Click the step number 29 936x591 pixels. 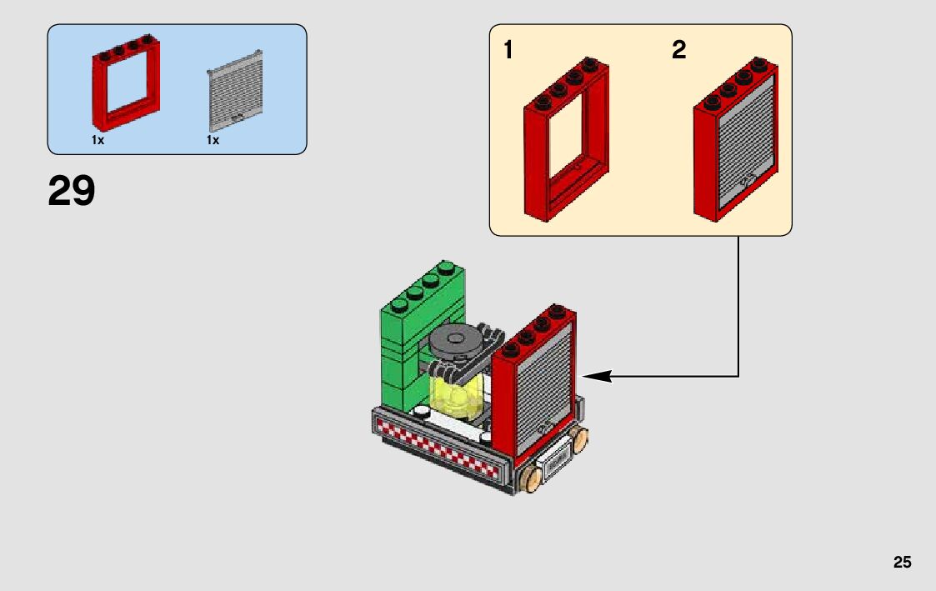[72, 192]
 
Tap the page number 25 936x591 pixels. [903, 563]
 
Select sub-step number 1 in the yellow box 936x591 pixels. [508, 51]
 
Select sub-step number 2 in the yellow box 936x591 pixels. [679, 51]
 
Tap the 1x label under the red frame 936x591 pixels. [98, 141]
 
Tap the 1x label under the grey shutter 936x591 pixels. [213, 141]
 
